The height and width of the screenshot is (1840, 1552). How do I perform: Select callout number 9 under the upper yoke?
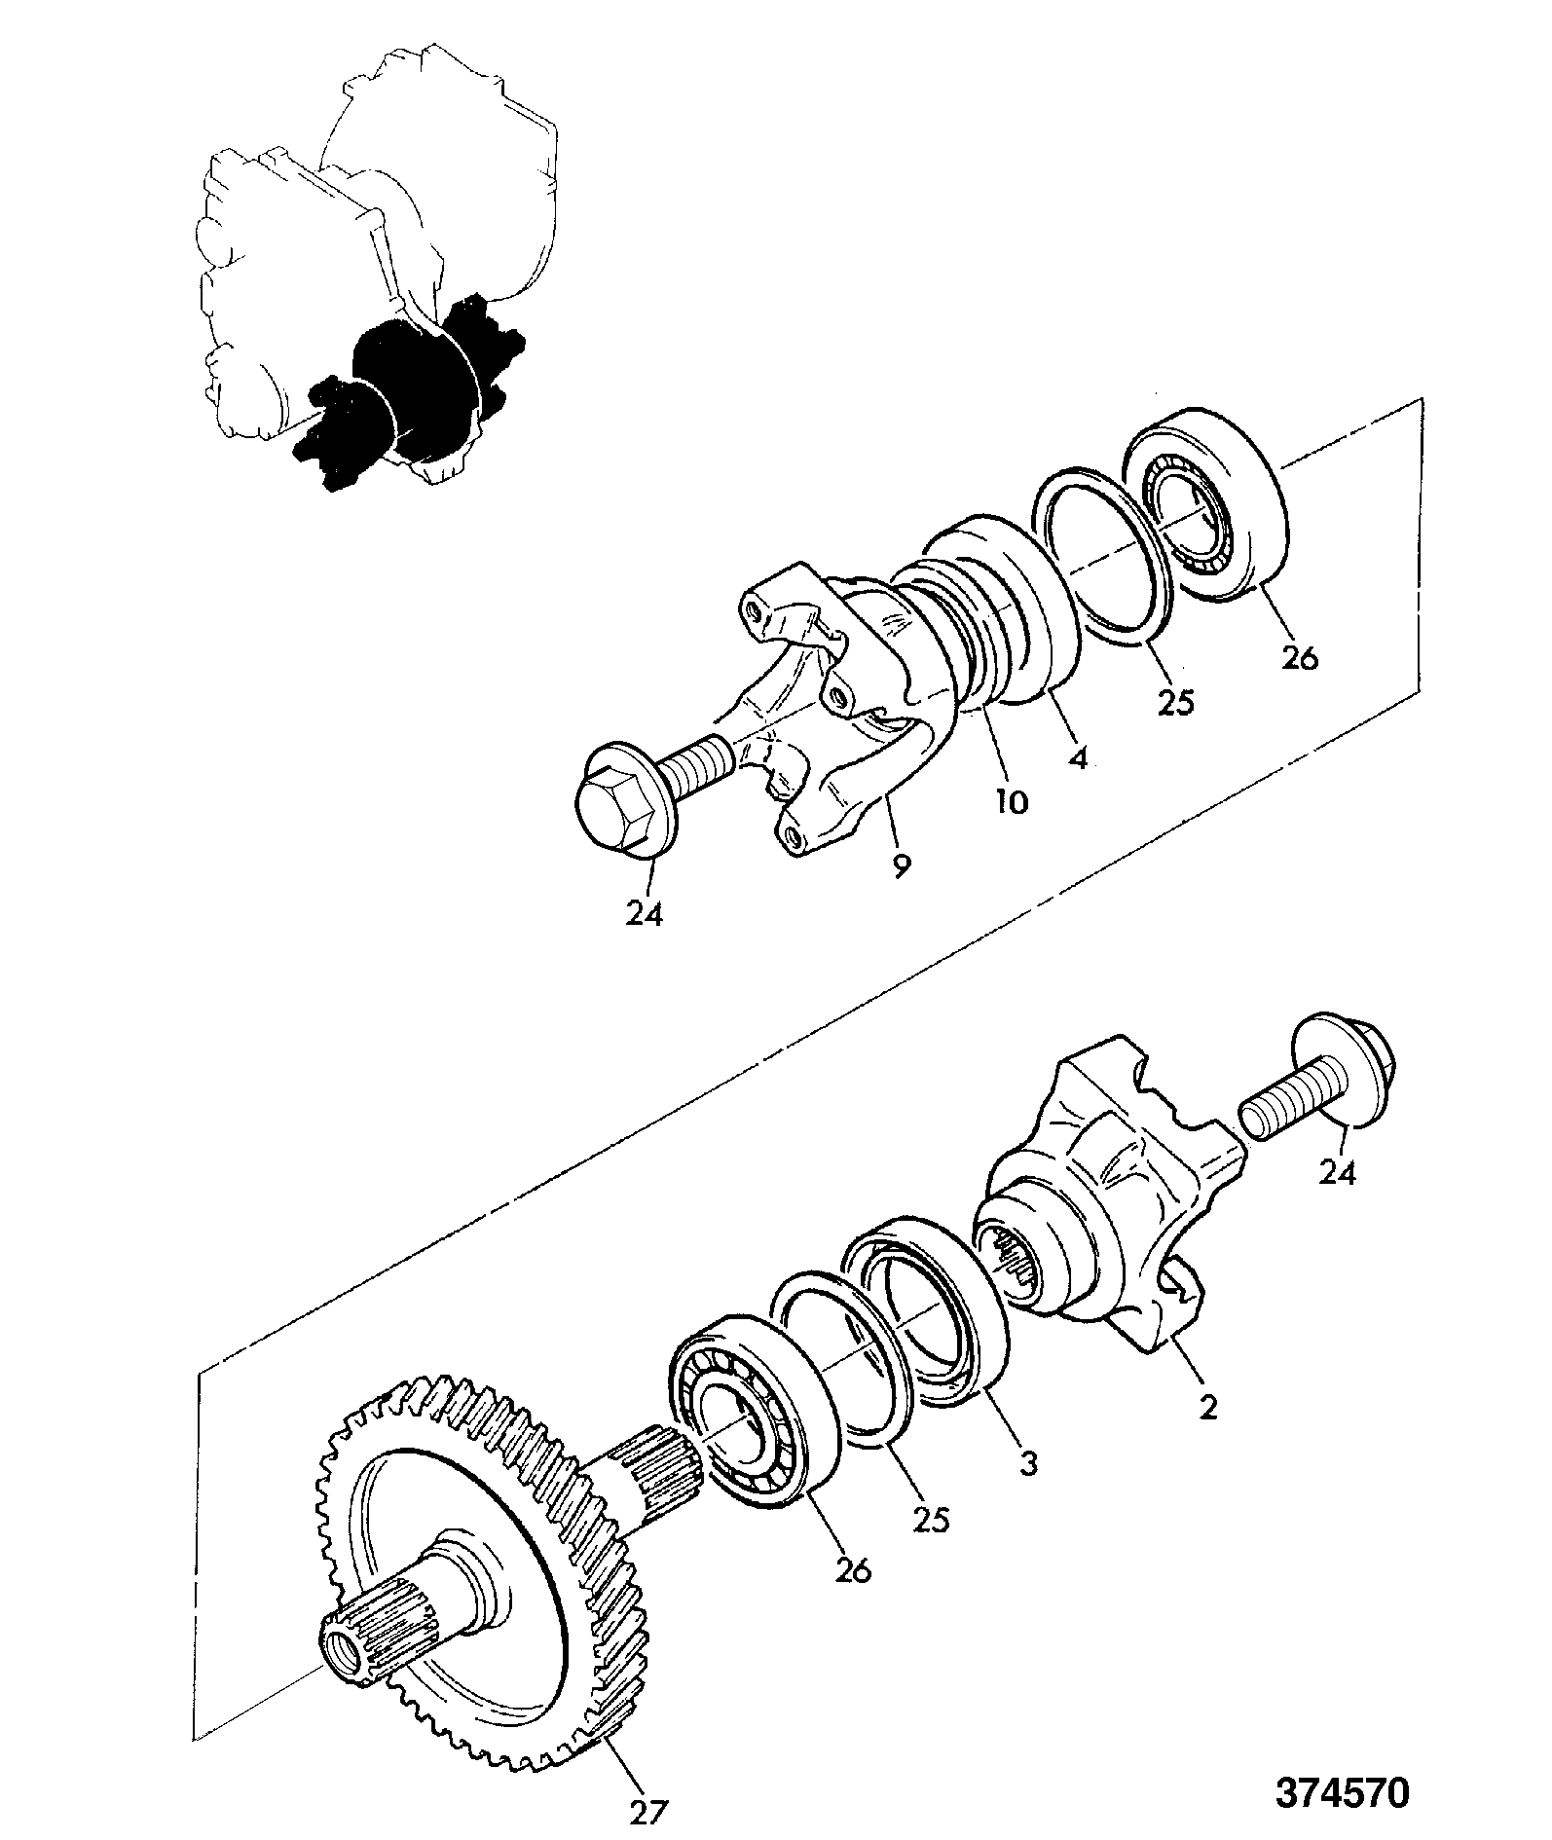(x=901, y=864)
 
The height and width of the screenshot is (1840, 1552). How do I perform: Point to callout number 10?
(x=1011, y=801)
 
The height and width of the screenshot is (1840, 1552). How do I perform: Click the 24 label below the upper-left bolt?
(x=645, y=913)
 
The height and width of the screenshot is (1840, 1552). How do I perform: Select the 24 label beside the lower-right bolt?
(x=1336, y=1173)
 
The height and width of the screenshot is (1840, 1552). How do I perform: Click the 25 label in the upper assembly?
(x=1175, y=701)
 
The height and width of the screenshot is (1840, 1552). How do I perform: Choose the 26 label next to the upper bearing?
(x=1299, y=657)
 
